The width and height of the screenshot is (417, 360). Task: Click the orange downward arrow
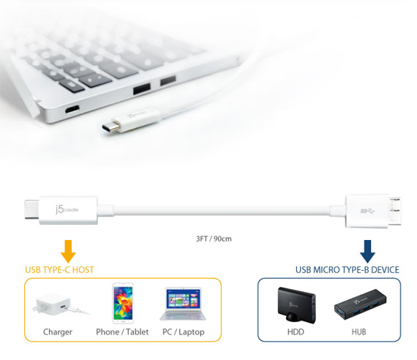(68, 251)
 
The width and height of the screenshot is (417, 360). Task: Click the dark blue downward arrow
(367, 251)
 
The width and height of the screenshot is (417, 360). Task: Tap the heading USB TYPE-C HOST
(59, 270)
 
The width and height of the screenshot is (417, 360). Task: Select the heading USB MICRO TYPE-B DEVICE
(347, 270)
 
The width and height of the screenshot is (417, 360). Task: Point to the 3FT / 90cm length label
(214, 239)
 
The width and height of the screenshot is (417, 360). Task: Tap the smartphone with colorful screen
(123, 303)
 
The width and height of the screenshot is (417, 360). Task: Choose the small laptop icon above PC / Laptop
(183, 304)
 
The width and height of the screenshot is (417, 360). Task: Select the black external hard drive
(297, 305)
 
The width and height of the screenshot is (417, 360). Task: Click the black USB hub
(361, 304)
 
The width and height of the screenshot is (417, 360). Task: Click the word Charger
(58, 332)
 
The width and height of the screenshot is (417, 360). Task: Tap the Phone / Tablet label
(122, 332)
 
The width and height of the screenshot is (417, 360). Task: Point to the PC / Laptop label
(184, 332)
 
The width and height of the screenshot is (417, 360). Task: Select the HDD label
(296, 331)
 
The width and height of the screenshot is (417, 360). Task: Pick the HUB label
(358, 331)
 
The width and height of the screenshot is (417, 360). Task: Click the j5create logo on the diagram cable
(67, 209)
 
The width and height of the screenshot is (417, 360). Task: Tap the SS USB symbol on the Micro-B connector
(367, 211)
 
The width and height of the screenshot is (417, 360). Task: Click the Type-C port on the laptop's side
(72, 109)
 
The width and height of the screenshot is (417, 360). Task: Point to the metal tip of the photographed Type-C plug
(110, 127)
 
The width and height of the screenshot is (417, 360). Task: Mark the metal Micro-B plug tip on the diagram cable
(394, 211)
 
